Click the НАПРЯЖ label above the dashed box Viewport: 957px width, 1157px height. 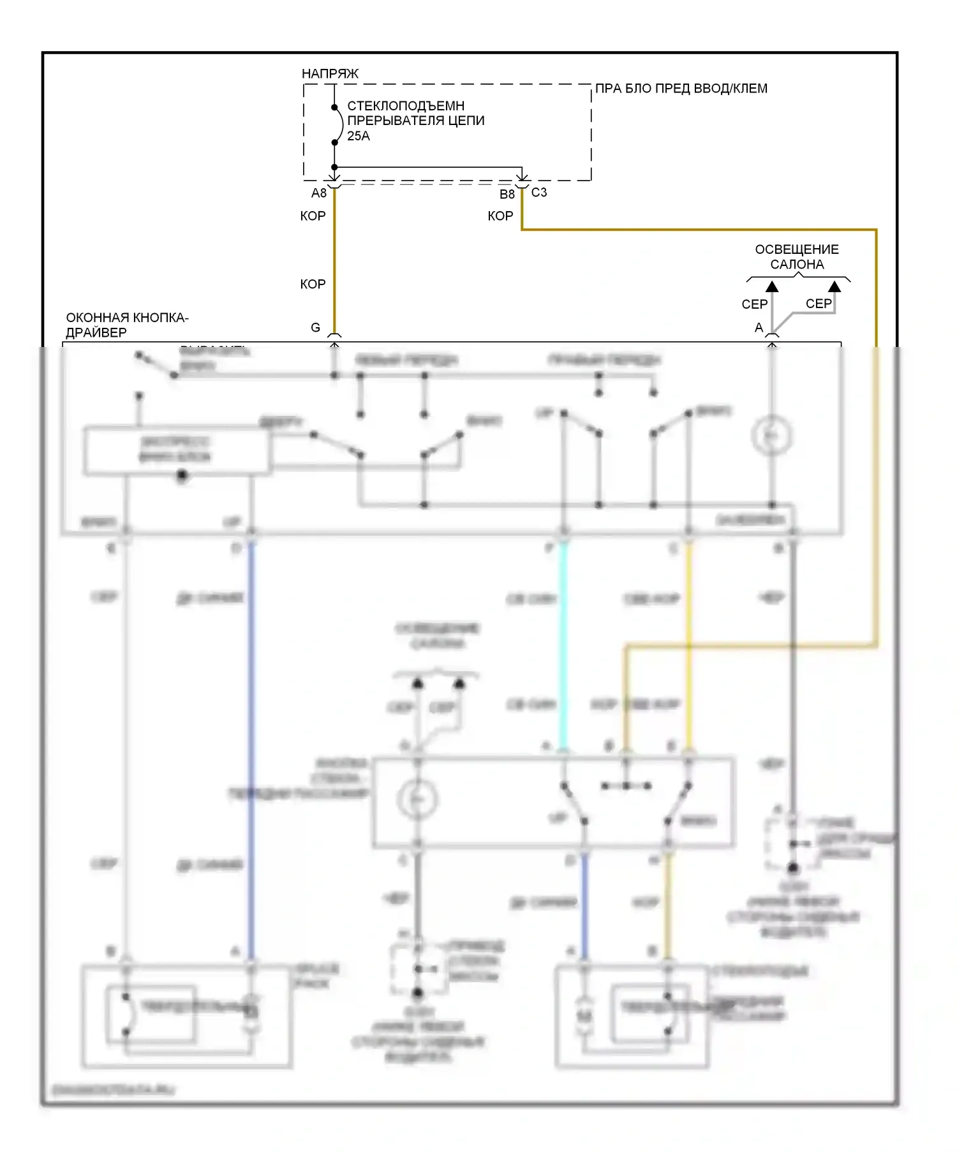(330, 74)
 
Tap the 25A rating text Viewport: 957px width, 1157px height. (358, 136)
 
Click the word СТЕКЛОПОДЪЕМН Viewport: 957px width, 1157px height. (405, 106)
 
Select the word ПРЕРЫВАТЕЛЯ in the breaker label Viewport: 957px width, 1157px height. (392, 121)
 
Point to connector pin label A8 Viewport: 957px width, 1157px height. (318, 193)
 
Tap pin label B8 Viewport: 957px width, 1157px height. (507, 195)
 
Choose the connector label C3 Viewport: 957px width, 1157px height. (539, 193)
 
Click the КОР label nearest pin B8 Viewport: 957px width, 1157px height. (500, 216)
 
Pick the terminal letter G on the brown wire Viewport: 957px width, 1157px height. (315, 328)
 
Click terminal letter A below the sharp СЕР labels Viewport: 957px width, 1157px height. (759, 328)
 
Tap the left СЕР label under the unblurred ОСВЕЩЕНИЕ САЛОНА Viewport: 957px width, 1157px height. (754, 305)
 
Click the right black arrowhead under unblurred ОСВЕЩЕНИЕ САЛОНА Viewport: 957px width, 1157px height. (835, 287)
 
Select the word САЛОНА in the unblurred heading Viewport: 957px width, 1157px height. (797, 265)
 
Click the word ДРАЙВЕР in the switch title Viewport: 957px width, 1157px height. (96, 333)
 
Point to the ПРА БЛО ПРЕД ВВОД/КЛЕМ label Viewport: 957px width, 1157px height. (681, 89)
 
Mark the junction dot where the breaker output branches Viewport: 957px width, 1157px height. (334, 167)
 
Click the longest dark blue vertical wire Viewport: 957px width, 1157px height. (251, 746)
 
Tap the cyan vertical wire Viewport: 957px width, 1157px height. (563, 644)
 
